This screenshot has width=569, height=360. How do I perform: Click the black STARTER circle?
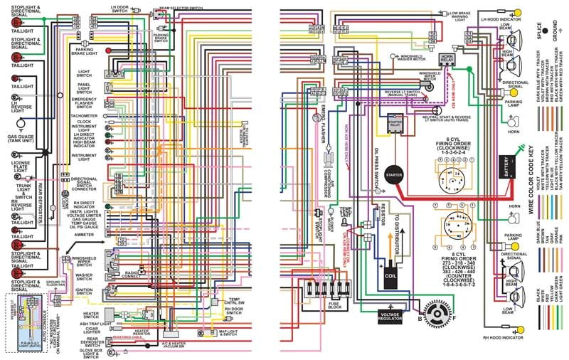pyautogui.click(x=393, y=174)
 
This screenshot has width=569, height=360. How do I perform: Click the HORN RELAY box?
pyautogui.click(x=447, y=58)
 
